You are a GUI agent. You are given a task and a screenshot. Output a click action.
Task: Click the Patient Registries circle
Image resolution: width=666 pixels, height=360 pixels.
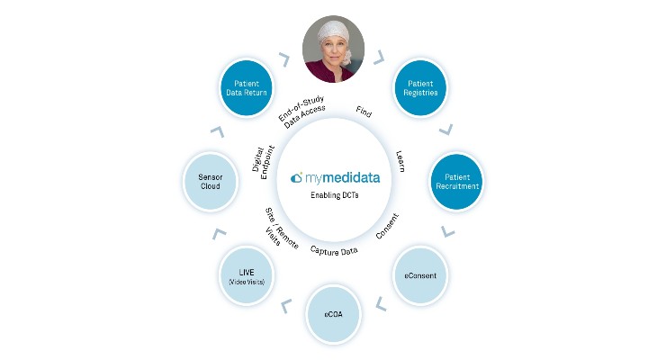(x=420, y=88)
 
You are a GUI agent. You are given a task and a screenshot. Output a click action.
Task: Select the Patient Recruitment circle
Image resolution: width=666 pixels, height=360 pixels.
(x=457, y=181)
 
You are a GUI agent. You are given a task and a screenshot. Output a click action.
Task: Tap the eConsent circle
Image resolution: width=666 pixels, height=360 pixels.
(x=420, y=275)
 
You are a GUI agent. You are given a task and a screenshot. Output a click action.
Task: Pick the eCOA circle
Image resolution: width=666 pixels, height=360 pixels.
(x=333, y=314)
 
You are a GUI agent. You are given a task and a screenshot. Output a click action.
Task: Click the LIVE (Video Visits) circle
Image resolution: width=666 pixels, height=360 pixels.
(x=247, y=275)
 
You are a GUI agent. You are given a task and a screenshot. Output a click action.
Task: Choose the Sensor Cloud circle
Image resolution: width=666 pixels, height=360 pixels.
(x=211, y=182)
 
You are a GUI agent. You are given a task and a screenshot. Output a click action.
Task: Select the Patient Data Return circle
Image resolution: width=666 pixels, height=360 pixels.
(x=247, y=88)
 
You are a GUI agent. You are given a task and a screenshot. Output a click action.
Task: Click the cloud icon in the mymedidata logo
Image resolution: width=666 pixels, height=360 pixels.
(x=296, y=177)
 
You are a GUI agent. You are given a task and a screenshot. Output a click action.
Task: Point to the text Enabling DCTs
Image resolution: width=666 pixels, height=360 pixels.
(x=334, y=195)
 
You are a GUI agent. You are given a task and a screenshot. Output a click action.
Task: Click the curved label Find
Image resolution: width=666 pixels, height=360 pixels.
(x=364, y=112)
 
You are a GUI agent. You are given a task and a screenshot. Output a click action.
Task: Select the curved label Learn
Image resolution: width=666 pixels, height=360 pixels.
(x=400, y=161)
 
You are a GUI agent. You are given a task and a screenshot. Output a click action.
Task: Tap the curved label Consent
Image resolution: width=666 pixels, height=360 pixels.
(x=387, y=226)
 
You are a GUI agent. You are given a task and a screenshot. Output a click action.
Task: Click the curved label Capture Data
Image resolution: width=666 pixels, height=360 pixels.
(x=334, y=251)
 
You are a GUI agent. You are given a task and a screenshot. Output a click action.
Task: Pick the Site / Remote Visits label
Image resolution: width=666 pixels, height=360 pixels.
(x=280, y=227)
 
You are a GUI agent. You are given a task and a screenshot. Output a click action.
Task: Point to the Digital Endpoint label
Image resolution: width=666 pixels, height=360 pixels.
(x=264, y=162)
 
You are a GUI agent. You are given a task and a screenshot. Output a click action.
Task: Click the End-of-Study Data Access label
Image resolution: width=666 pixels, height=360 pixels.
(x=302, y=112)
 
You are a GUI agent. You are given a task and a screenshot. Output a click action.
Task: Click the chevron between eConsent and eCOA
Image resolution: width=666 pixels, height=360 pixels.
(x=381, y=303)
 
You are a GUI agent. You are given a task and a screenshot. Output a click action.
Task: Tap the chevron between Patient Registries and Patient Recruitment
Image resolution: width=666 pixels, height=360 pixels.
(x=446, y=130)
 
